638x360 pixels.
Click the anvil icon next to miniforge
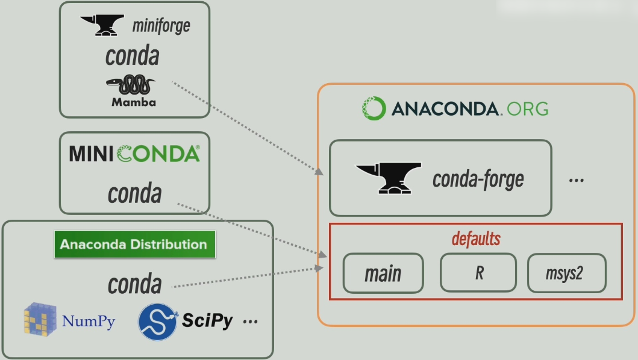coord(102,25)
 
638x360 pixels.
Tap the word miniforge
coord(161,25)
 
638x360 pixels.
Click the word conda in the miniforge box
coord(133,56)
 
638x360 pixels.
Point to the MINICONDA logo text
coord(134,154)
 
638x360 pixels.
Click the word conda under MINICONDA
coord(134,194)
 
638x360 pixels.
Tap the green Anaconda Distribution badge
coord(134,244)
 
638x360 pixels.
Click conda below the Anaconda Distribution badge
coord(134,284)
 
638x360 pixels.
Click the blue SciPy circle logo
coord(157,321)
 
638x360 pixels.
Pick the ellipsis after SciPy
coord(250,322)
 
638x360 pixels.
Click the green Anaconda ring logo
coord(373,108)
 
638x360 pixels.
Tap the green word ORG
coord(528,109)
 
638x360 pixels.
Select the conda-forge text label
coord(478,179)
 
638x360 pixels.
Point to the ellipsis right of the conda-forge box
coord(576,179)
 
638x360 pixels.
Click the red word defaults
coord(476,238)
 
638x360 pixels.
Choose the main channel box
coord(383,273)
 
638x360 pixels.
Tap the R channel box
coord(478,273)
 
